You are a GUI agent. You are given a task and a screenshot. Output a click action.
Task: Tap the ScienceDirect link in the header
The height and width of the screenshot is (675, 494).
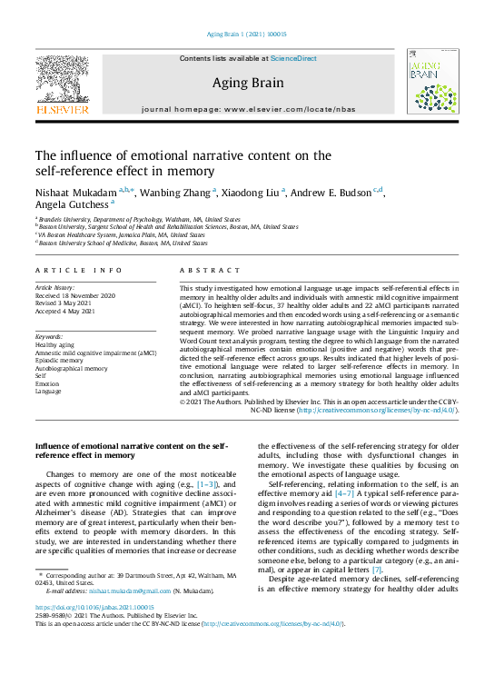[293, 58]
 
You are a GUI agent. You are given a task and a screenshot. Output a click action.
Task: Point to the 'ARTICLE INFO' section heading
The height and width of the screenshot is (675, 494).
[78, 271]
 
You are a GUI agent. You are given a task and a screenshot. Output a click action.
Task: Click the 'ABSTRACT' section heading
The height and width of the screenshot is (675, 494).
[209, 271]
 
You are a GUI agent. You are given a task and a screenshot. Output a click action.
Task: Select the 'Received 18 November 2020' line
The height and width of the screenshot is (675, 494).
[79, 295]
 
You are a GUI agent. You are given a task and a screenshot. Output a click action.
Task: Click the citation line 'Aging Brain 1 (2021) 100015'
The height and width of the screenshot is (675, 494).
[247, 36]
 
